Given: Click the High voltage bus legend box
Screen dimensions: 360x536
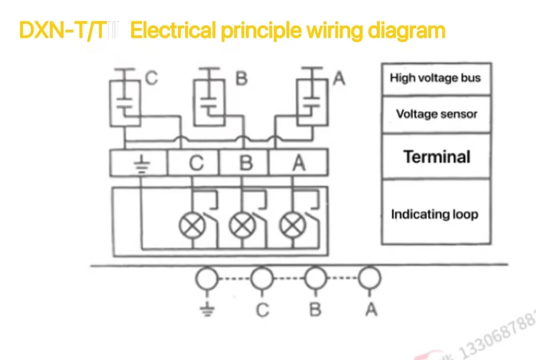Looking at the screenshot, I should [435, 78].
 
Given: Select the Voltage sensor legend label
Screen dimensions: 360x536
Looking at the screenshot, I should [436, 114].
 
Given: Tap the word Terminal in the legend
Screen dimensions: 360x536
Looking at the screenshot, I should [437, 157].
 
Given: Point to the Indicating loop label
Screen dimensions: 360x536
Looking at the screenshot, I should [435, 214].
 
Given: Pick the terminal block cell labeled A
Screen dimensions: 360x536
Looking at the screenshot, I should [299, 163].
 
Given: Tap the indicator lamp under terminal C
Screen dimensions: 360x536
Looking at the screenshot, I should [192, 226].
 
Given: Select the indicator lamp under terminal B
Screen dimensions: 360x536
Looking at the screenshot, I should [242, 226].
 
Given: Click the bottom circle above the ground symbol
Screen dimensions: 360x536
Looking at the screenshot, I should [207, 278].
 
